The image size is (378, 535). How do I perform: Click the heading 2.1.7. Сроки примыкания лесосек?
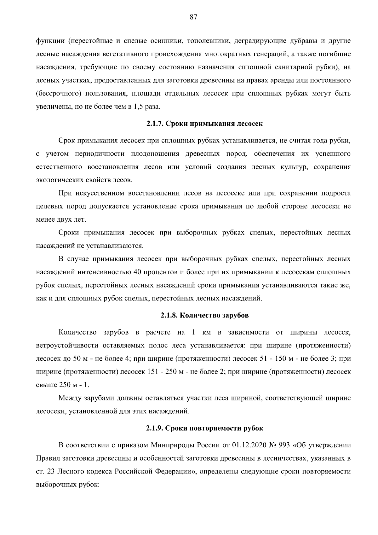[x=204, y=124]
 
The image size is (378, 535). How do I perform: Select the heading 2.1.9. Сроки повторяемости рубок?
[x=204, y=428]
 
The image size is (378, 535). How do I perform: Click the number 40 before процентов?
[x=137, y=272]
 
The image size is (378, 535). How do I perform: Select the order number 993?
[x=284, y=445]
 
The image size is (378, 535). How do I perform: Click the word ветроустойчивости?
[x=68, y=346]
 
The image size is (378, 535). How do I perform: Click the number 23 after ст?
[x=50, y=472]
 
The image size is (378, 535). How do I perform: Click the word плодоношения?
[x=155, y=154]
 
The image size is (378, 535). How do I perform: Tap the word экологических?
[x=59, y=180]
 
